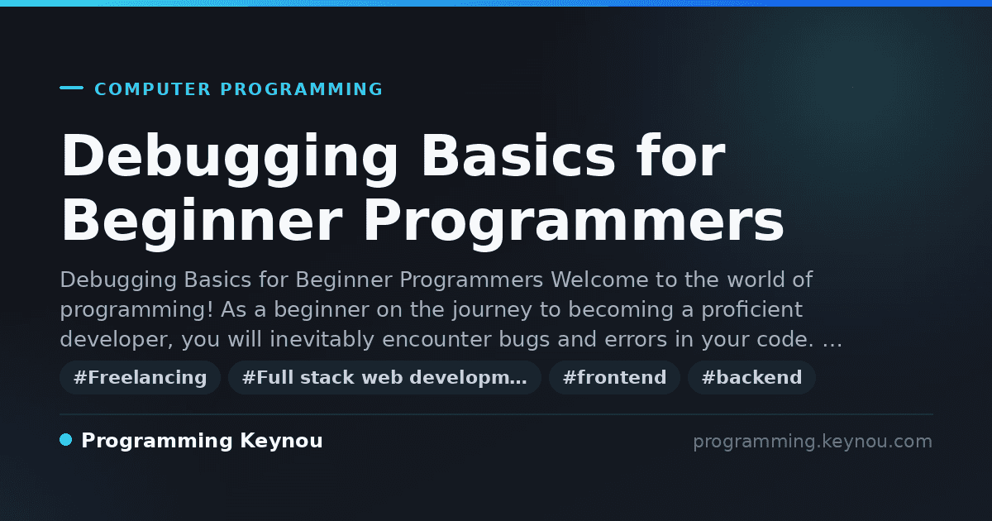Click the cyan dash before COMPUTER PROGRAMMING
(71, 88)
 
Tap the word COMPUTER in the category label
(152, 89)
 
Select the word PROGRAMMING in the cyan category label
(301, 89)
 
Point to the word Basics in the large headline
(518, 155)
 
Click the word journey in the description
(492, 310)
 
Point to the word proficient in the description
(751, 310)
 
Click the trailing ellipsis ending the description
(832, 345)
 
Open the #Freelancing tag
(141, 377)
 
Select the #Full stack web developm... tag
(384, 377)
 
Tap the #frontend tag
(614, 377)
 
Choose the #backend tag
(751, 377)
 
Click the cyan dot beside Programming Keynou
(65, 440)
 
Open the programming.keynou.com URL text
(813, 442)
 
